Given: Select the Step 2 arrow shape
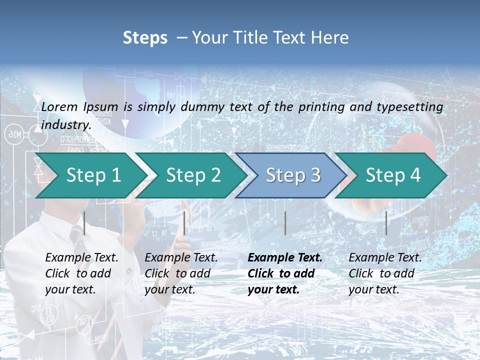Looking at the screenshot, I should pyautogui.click(x=190, y=175).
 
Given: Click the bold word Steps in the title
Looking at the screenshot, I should pyautogui.click(x=145, y=38).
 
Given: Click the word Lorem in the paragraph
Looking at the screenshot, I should pyautogui.click(x=60, y=107).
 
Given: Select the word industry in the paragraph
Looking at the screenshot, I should pyautogui.click(x=65, y=125).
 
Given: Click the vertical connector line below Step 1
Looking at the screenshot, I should pyautogui.click(x=84, y=223).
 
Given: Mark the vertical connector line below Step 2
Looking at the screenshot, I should pyautogui.click(x=184, y=223).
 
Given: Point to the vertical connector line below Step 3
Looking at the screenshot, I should pyautogui.click(x=285, y=223).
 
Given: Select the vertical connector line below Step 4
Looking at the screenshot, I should pyautogui.click(x=386, y=223).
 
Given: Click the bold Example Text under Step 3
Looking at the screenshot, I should pyautogui.click(x=285, y=258).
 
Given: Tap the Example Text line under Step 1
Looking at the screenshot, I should pyautogui.click(x=81, y=258).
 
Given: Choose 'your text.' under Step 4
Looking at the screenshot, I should pyautogui.click(x=373, y=289).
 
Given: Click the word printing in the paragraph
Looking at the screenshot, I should pyautogui.click(x=320, y=107).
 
